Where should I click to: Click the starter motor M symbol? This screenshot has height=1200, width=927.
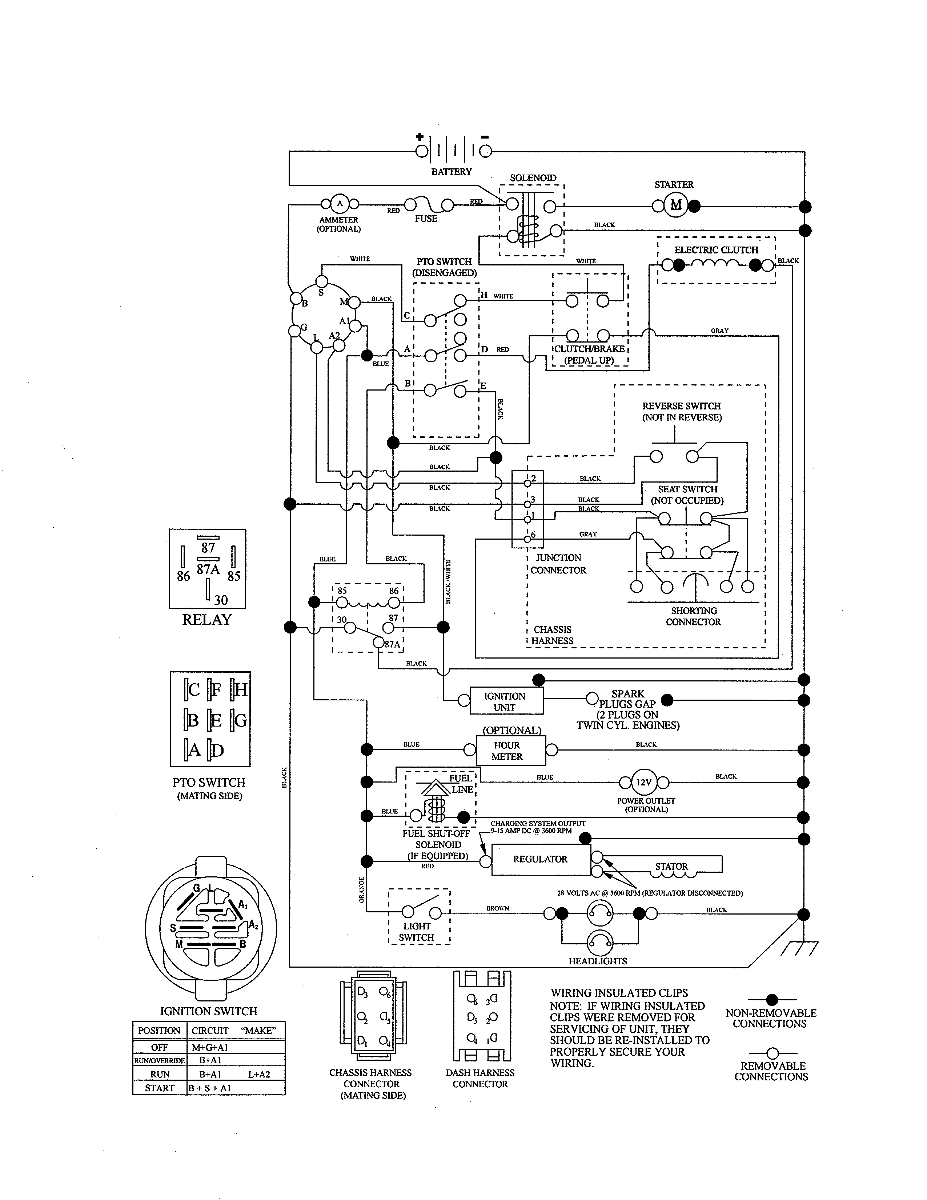pyautogui.click(x=675, y=205)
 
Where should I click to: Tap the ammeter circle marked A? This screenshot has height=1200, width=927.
pyautogui.click(x=340, y=204)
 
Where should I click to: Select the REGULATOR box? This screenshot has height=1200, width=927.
pyautogui.click(x=540, y=859)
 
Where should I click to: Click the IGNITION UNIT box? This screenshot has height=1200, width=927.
pyautogui.click(x=506, y=701)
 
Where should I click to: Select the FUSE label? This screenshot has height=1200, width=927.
pyautogui.click(x=426, y=219)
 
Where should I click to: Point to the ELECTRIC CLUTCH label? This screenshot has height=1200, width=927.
pyautogui.click(x=716, y=250)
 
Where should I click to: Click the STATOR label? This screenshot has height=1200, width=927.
pyautogui.click(x=671, y=867)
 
